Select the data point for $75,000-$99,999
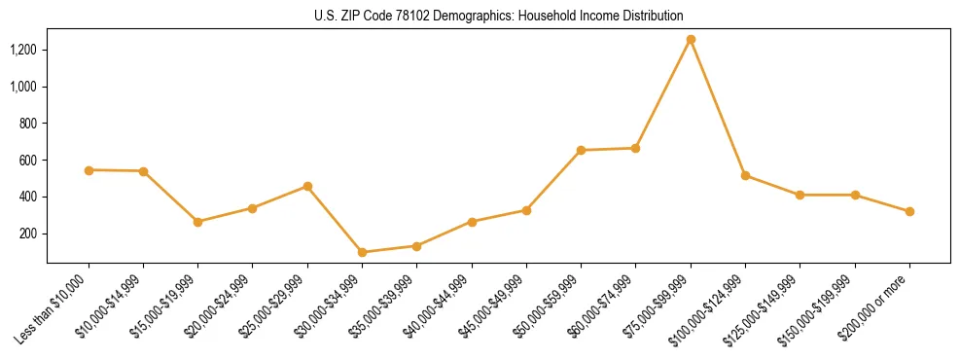click(691, 40)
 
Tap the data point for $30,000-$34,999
click(362, 252)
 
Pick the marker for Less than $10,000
click(89, 170)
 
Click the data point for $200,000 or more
click(909, 211)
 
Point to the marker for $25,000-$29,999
click(307, 186)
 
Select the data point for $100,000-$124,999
click(745, 175)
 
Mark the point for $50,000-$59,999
click(581, 151)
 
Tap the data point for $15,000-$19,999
click(198, 222)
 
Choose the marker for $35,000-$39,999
click(416, 246)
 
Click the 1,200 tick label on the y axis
click(24, 50)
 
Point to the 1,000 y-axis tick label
click(24, 87)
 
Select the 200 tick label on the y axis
click(29, 234)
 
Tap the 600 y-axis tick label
click(29, 161)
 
